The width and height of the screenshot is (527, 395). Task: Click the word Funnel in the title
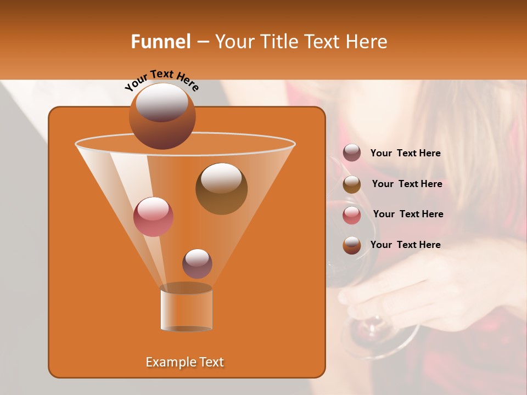160,42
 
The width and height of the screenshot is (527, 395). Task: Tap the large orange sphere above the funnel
162,116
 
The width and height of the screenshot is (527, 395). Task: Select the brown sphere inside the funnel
221,189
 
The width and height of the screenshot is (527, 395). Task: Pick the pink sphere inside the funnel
153,217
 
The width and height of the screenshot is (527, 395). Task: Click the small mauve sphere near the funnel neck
197,263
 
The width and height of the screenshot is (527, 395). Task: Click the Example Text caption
184,362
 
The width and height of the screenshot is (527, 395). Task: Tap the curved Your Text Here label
161,80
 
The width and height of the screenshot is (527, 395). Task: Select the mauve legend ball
352,153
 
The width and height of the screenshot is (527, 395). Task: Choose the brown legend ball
352,184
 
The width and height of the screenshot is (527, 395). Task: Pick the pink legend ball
352,215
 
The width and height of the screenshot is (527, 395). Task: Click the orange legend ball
352,245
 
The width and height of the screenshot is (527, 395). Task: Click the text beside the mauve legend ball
405,154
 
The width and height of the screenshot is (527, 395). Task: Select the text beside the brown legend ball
407,184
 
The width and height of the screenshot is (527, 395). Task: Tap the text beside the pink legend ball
408,215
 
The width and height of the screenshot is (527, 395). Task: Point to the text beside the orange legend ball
405,245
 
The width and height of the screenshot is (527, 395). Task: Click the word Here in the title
367,42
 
